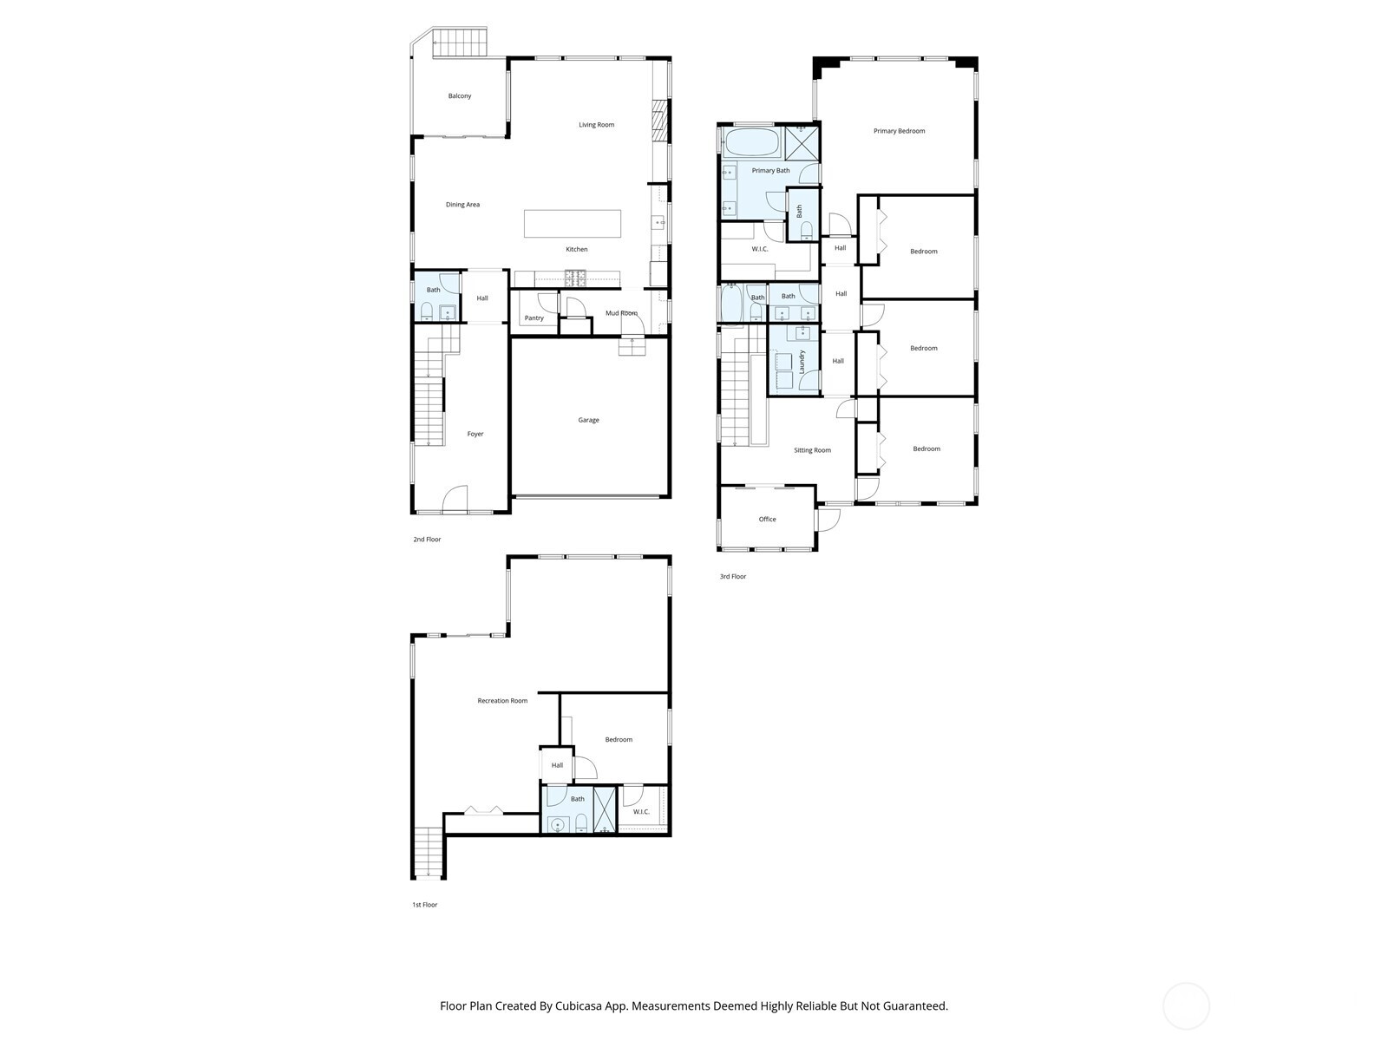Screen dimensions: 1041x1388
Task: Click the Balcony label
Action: click(x=460, y=96)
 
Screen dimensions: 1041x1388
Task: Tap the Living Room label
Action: click(x=597, y=125)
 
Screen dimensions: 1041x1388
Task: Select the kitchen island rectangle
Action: click(x=573, y=224)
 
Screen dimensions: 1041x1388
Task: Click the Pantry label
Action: click(x=534, y=318)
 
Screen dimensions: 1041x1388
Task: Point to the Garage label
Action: click(x=589, y=420)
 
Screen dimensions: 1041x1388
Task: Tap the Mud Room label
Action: click(x=621, y=313)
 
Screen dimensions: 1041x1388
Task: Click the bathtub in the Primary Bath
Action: click(x=751, y=142)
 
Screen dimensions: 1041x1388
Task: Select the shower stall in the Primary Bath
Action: click(x=802, y=142)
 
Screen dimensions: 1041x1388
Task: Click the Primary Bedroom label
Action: click(x=899, y=131)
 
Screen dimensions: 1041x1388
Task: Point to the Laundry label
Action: click(x=802, y=362)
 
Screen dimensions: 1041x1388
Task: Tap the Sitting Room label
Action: click(x=812, y=450)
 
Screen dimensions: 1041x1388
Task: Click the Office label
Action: click(x=768, y=520)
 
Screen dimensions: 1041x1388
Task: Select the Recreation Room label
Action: click(x=502, y=701)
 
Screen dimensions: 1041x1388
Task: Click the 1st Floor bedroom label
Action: click(x=619, y=740)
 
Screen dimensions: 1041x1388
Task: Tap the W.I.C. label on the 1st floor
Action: click(x=641, y=812)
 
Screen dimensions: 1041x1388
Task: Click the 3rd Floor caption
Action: click(x=733, y=577)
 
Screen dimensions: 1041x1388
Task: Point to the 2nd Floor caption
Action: click(x=427, y=540)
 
